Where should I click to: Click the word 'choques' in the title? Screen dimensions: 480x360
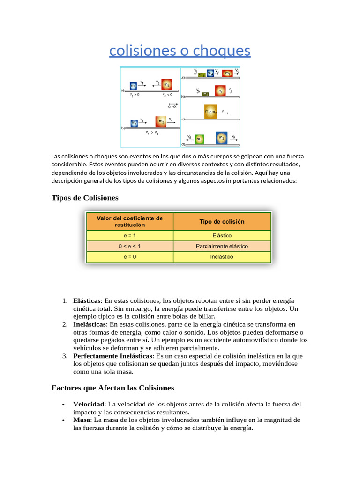pyautogui.click(x=223, y=51)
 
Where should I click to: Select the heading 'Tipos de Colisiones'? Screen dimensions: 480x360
pyautogui.click(x=85, y=198)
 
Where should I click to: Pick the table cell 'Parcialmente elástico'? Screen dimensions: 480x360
pyautogui.click(x=222, y=246)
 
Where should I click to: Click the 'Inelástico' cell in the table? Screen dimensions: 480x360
pyautogui.click(x=222, y=257)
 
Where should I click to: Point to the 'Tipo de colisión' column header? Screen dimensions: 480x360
pyautogui.click(x=222, y=222)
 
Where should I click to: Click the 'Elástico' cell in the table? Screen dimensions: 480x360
pyautogui.click(x=222, y=235)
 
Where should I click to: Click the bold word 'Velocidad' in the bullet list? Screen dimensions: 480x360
pyautogui.click(x=89, y=404)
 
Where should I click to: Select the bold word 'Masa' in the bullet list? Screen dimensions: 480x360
pyautogui.click(x=82, y=420)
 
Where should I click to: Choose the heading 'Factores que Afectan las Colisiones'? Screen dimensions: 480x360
pyautogui.click(x=112, y=388)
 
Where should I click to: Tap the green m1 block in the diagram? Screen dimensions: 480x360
pyautogui.click(x=199, y=140)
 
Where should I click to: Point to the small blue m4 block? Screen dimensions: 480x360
pyautogui.click(x=210, y=73)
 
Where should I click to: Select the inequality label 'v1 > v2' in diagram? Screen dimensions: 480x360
pyautogui.click(x=152, y=133)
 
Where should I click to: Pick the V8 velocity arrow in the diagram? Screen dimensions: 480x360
pyautogui.click(x=189, y=137)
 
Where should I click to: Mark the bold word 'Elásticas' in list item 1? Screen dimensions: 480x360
pyautogui.click(x=87, y=300)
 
